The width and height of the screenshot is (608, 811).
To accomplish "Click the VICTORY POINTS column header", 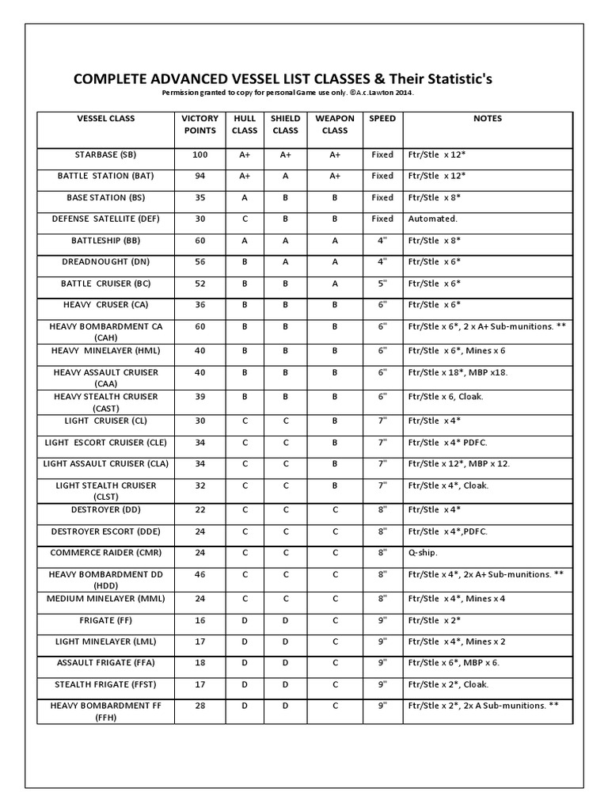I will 199,124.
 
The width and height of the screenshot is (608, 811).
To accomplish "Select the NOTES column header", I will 487,119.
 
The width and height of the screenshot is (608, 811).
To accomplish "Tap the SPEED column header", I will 382,119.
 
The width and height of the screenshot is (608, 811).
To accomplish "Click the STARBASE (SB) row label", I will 105,155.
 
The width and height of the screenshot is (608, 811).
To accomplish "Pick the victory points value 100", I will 199,155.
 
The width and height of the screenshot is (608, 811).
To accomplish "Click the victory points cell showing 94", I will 199,176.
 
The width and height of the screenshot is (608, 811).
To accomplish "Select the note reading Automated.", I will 432,219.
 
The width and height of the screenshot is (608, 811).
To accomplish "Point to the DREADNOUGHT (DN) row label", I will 105,261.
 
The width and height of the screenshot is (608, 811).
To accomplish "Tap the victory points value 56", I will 199,261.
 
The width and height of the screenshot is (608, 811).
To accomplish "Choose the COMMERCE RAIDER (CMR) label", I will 105,553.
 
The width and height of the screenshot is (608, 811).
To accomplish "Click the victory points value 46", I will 199,574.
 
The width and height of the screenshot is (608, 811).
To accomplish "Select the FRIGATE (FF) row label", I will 105,619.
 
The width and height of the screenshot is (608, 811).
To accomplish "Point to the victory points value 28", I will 199,705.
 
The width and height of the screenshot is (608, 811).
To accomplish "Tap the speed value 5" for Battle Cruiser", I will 382,283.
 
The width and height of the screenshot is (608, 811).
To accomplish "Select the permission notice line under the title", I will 287,93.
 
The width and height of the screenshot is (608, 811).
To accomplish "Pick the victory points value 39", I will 199,396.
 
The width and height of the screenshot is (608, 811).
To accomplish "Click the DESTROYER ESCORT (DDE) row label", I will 105,531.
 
